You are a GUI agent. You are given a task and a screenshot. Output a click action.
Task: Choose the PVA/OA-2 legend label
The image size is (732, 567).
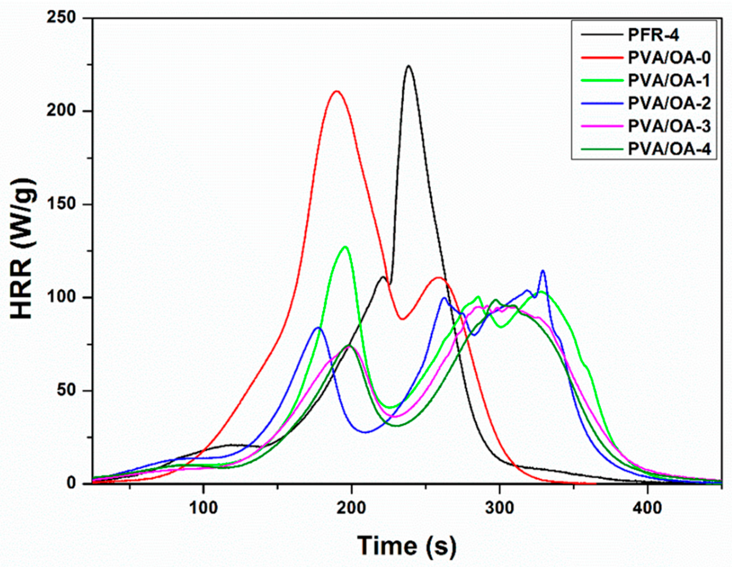click(669, 104)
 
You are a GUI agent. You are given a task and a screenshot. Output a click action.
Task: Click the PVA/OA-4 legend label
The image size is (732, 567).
click(669, 149)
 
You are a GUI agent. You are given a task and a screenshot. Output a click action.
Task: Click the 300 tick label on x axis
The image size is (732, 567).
click(500, 508)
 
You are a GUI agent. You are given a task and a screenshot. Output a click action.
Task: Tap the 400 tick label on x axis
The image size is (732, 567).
click(647, 508)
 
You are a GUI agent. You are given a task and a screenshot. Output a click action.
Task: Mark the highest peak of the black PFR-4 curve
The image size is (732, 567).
click(408, 66)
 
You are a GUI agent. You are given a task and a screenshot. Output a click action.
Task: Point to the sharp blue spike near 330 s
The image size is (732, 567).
click(543, 271)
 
